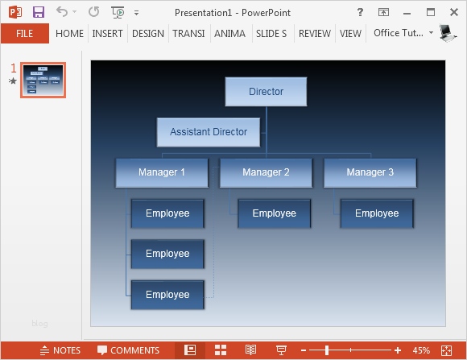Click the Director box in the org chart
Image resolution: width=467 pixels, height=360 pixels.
point(266,92)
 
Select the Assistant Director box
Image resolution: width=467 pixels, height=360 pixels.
point(209,132)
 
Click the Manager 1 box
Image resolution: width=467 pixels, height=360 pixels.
point(162,172)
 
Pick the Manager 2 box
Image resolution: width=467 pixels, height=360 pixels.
point(266,172)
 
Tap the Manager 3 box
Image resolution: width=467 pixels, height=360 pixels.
point(370,172)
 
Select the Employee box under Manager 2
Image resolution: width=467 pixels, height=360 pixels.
point(274,213)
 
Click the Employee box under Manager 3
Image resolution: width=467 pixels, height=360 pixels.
point(377,213)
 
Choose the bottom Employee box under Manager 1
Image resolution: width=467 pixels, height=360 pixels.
point(167,295)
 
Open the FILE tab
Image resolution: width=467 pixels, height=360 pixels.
point(24,34)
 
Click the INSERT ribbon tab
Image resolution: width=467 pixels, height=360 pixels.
point(107,34)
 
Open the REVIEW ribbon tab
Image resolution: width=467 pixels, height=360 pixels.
point(314,34)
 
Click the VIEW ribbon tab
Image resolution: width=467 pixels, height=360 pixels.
point(350,34)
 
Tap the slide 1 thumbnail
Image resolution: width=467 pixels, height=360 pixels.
point(43,80)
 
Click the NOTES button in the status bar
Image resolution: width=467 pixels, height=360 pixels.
point(60,350)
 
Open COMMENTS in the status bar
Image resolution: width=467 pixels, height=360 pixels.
point(128,350)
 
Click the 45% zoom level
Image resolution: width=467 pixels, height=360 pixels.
point(421,350)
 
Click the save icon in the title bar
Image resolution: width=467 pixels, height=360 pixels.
point(39,12)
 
